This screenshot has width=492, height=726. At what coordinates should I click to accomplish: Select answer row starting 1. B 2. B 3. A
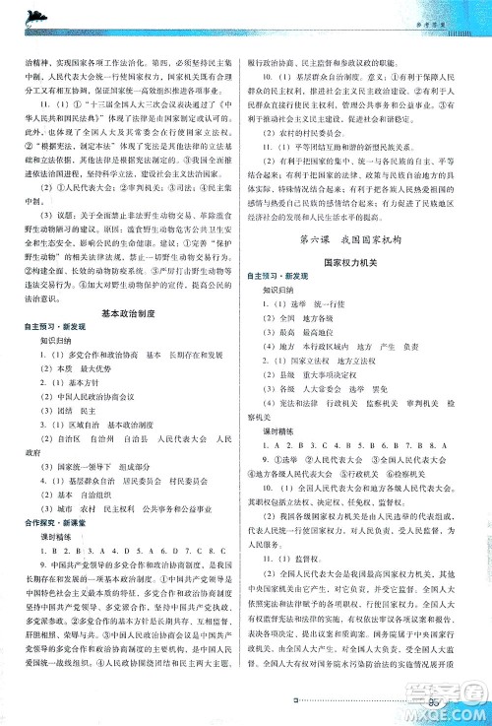[x=128, y=554]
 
